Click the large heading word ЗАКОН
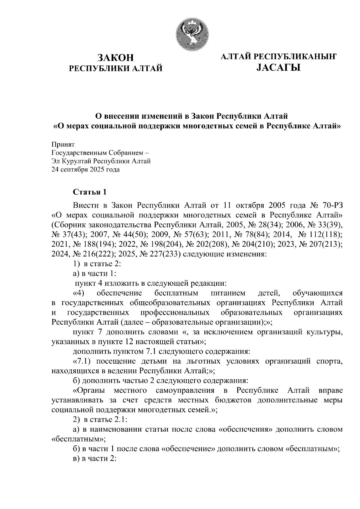[x=116, y=58]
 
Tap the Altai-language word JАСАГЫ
[x=278, y=68]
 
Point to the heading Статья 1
[x=90, y=192]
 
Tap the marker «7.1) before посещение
[x=83, y=361]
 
